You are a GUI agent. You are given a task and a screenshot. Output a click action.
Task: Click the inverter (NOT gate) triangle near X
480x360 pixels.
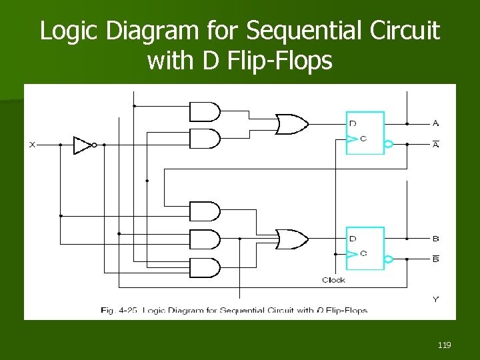pyautogui.click(x=82, y=145)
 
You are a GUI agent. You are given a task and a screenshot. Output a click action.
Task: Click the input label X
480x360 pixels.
pyautogui.click(x=32, y=145)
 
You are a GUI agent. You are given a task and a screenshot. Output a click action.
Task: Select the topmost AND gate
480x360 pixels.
pyautogui.click(x=204, y=111)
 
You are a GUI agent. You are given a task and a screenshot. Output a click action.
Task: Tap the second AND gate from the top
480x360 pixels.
pyautogui.click(x=204, y=139)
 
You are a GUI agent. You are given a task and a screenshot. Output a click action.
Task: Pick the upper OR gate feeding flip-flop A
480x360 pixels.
pyautogui.click(x=291, y=124)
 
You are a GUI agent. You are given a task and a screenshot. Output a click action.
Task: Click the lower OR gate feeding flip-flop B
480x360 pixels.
pyautogui.click(x=291, y=239)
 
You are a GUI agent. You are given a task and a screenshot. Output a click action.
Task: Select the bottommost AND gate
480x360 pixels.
pyautogui.click(x=204, y=267)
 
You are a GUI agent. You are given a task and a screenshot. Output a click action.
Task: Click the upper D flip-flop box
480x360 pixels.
pyautogui.click(x=365, y=133)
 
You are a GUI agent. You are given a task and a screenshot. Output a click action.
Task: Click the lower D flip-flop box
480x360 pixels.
pyautogui.click(x=365, y=248)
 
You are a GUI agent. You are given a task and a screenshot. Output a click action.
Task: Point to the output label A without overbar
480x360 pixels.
pyautogui.click(x=435, y=123)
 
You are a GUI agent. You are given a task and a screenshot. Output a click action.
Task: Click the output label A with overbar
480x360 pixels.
pyautogui.click(x=435, y=144)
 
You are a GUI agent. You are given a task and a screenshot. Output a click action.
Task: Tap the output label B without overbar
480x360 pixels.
pyautogui.click(x=435, y=239)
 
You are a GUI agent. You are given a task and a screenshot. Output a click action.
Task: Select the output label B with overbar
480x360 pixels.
pyautogui.click(x=435, y=259)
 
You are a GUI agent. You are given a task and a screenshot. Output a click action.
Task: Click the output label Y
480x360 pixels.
pyautogui.click(x=435, y=299)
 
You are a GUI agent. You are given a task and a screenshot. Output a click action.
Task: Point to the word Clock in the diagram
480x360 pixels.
pyautogui.click(x=333, y=280)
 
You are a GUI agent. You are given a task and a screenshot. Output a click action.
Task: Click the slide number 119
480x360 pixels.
pyautogui.click(x=445, y=345)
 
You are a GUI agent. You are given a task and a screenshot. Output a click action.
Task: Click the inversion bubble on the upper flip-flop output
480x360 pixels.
pyautogui.click(x=389, y=143)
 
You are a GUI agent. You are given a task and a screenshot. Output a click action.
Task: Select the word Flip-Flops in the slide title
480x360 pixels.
pyautogui.click(x=280, y=61)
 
